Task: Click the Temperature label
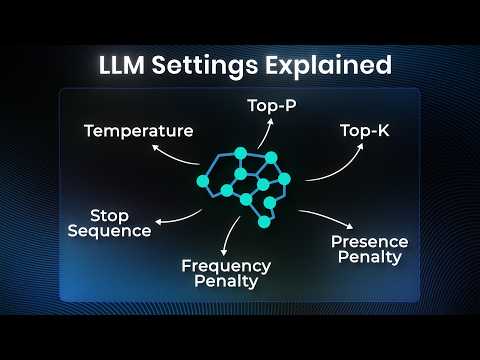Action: (138, 130)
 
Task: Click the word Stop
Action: (110, 215)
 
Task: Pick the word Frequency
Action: (226, 266)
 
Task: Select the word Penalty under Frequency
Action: (226, 281)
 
